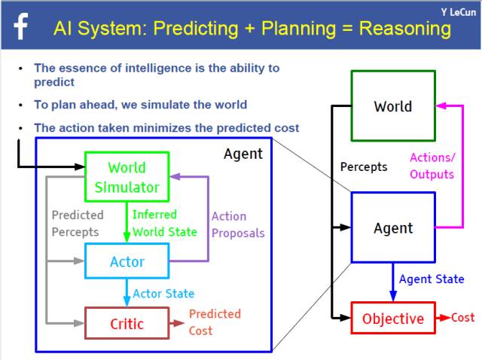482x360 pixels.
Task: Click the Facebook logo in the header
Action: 20,28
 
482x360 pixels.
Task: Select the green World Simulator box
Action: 127,177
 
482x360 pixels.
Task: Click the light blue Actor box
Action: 127,261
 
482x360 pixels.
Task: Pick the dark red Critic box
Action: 127,324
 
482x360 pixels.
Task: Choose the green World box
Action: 392,106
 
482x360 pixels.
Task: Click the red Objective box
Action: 392,319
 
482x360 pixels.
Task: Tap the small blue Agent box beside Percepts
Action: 392,227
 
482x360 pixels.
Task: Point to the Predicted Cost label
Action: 215,322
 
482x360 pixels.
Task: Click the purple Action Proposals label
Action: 238,225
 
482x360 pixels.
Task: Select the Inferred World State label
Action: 165,224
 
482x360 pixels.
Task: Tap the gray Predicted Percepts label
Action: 77,224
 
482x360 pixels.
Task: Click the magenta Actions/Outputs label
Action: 432,166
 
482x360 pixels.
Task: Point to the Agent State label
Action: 432,279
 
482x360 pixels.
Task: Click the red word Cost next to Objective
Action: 462,318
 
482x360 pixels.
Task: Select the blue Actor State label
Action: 163,294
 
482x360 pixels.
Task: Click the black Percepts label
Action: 364,166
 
